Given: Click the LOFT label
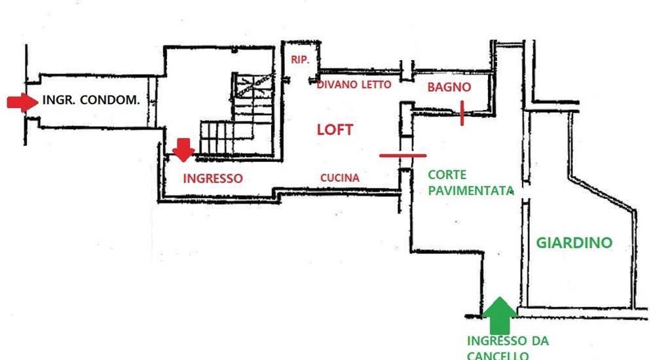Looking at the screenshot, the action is pos(335,130).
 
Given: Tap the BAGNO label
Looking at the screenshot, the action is pos(449,87).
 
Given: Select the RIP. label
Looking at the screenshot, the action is pos(300,60).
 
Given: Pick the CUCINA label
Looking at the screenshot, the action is pos(339,178).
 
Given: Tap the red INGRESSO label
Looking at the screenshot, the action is pos(213,178).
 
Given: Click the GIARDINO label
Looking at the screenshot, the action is pos(574,242).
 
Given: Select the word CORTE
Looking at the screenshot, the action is pos(447,175).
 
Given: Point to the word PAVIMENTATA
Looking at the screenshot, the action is pos(471,191).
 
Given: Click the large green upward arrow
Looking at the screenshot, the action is pos(500,315).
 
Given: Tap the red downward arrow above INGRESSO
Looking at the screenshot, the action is pos(183,150).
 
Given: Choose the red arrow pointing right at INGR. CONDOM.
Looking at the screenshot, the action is pos(22,102).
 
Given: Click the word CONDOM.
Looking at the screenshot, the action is pos(109,99).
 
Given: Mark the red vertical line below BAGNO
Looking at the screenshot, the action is pos(462,113).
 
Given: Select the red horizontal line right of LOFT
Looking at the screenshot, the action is pos(403,155).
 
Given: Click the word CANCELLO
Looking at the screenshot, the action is pos(498,355).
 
